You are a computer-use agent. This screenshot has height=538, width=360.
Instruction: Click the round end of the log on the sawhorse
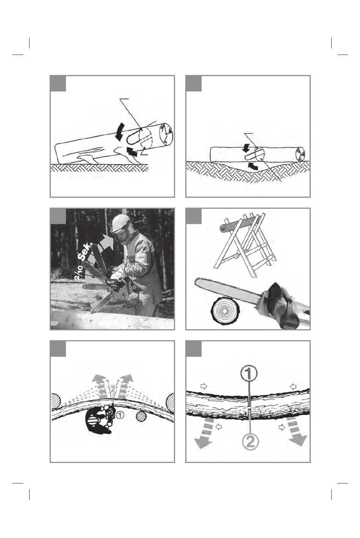(223, 229)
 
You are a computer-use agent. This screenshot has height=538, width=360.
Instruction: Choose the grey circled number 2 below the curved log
(250, 441)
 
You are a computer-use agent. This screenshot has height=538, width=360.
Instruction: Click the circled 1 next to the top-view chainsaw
(120, 414)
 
